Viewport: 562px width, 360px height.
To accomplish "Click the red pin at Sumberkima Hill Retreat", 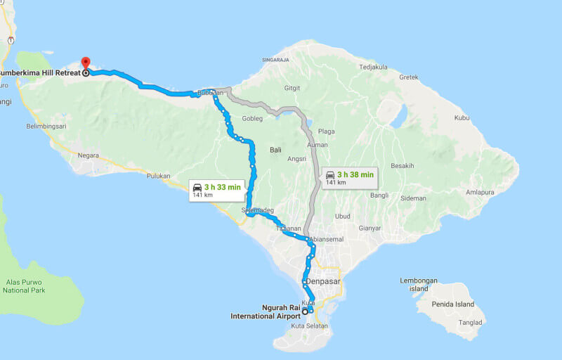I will click(x=86, y=63).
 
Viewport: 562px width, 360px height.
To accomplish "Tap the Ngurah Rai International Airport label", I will click(x=265, y=312).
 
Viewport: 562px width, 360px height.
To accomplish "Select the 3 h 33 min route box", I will click(x=217, y=190).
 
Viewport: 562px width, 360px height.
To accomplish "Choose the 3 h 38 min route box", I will click(x=348, y=177).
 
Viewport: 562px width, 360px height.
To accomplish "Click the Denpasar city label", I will click(x=324, y=281).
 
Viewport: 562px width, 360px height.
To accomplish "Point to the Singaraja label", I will click(x=275, y=60).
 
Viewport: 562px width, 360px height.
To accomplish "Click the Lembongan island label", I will click(x=419, y=284).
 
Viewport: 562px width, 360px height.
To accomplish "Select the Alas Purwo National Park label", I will click(x=24, y=285).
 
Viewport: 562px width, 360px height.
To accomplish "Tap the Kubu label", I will click(x=462, y=117).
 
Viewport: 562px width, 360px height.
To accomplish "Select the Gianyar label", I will click(x=370, y=228).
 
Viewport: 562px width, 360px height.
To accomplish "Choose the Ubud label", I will click(x=343, y=216).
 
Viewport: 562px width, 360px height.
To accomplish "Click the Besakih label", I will click(x=403, y=166).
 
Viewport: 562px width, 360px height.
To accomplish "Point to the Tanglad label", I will click(x=471, y=323).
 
